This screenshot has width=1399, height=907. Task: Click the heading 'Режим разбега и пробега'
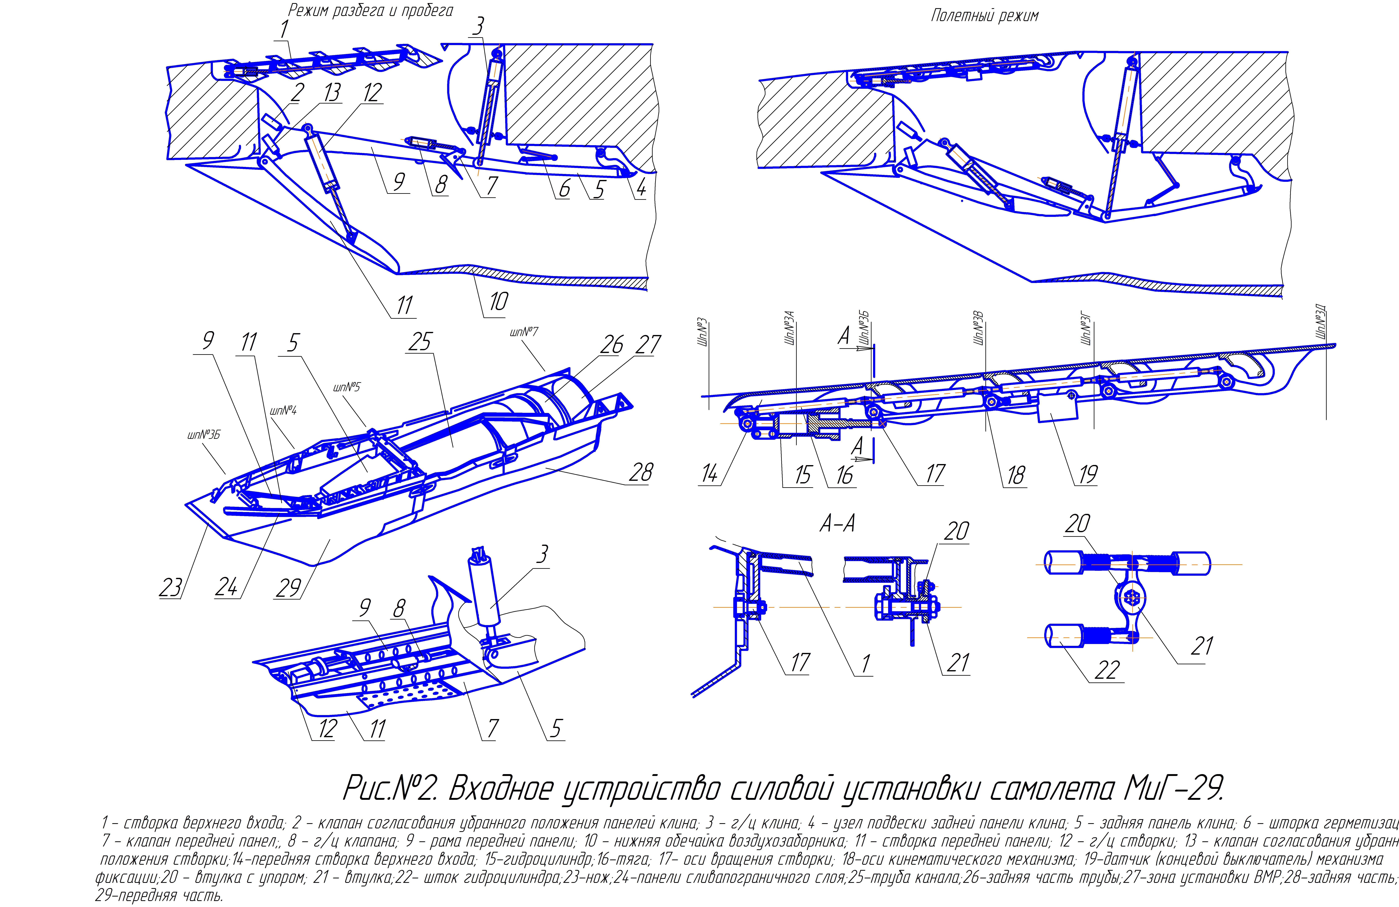(x=370, y=11)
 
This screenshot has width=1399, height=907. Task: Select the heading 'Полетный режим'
(x=985, y=16)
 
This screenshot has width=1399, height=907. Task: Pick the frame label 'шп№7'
(x=524, y=333)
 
